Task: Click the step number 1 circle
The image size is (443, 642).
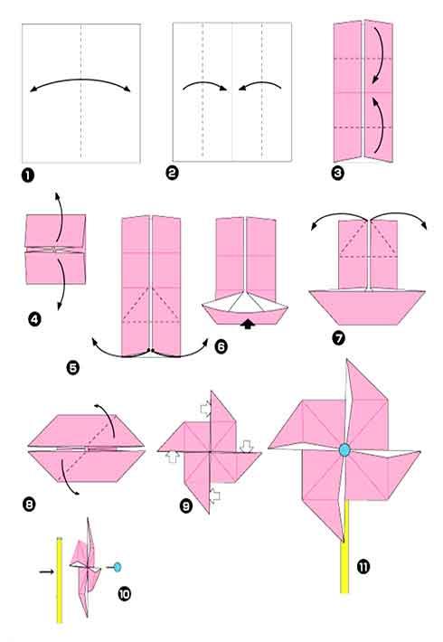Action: pyautogui.click(x=28, y=174)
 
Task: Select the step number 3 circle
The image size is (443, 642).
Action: pyautogui.click(x=339, y=173)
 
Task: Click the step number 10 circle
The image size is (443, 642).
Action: pyautogui.click(x=125, y=594)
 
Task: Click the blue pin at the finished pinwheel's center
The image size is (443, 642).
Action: pyautogui.click(x=344, y=449)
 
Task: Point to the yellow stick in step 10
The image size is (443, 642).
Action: pyautogui.click(x=60, y=579)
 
